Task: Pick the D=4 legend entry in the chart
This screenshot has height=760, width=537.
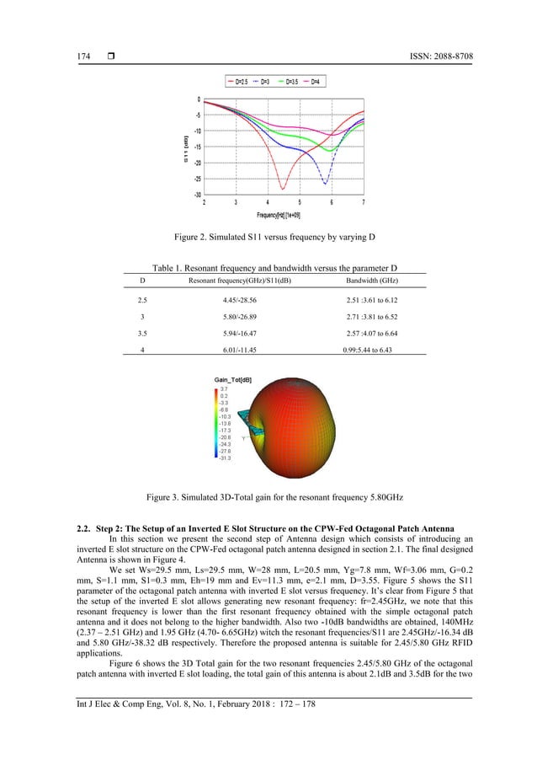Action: point(320,83)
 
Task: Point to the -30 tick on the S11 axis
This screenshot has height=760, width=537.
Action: point(195,195)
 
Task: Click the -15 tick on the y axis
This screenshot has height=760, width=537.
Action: point(195,147)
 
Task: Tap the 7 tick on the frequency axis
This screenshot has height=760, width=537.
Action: point(363,202)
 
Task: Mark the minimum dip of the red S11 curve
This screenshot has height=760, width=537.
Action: point(283,188)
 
